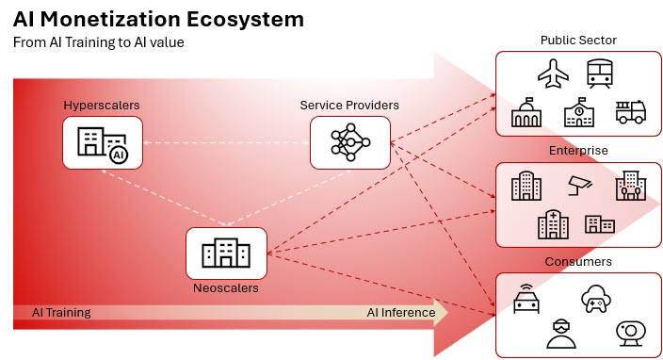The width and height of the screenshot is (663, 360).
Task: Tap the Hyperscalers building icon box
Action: point(103,144)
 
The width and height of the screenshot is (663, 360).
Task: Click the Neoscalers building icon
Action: point(226,253)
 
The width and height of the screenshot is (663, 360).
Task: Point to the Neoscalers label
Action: point(226,288)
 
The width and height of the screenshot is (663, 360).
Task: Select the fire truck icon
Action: point(629,112)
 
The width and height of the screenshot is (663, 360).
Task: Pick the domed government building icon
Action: point(527,113)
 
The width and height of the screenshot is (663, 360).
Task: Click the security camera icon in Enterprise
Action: point(578,185)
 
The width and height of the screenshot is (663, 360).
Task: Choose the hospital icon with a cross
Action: point(551,223)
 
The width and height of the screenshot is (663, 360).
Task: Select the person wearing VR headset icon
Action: point(560,332)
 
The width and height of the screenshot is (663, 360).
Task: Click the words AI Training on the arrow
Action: point(61,312)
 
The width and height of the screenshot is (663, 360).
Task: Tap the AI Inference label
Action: point(401,312)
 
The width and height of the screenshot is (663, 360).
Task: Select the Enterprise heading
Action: point(579,151)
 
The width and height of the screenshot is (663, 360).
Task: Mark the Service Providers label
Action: point(349,105)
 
